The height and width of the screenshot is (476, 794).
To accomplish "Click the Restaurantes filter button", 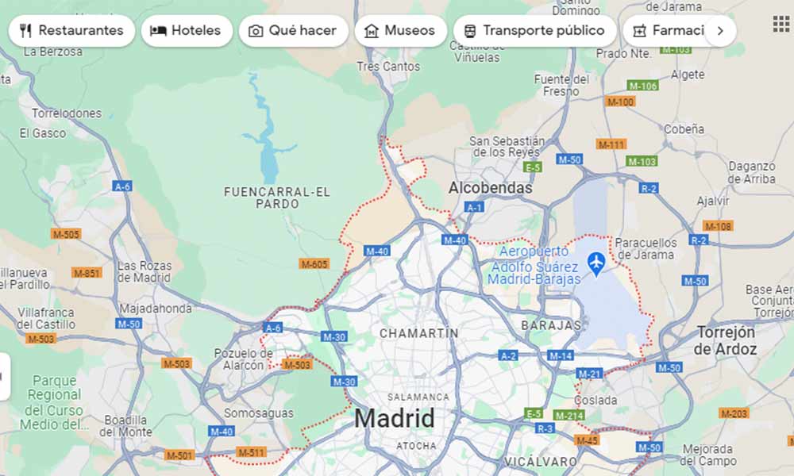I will (71, 31).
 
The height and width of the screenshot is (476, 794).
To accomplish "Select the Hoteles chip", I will (187, 31).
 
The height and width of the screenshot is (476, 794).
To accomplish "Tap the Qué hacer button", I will (294, 31).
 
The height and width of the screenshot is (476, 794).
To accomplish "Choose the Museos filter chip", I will (400, 31).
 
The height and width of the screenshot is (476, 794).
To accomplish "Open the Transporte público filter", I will (534, 31).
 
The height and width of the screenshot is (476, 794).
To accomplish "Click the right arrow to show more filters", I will (720, 31).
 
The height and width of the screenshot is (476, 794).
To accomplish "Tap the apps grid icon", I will (781, 24).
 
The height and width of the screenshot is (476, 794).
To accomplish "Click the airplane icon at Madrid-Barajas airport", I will (596, 261).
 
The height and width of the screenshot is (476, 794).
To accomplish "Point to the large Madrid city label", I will (395, 418).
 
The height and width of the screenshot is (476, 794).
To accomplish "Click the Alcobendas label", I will (490, 188).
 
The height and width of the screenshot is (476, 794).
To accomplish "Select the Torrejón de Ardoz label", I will (727, 340).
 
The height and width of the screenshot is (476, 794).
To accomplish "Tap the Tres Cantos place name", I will (388, 67).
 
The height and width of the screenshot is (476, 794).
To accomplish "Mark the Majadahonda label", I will (156, 308).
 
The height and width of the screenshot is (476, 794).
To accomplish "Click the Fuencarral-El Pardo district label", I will (277, 198).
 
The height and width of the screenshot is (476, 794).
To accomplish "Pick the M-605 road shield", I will (314, 263).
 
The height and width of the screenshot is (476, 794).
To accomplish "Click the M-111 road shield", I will (611, 144).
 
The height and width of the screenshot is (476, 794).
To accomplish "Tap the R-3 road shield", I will (545, 428).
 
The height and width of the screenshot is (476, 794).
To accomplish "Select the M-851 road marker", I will (87, 273).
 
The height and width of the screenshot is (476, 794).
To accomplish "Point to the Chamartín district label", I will (418, 333).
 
